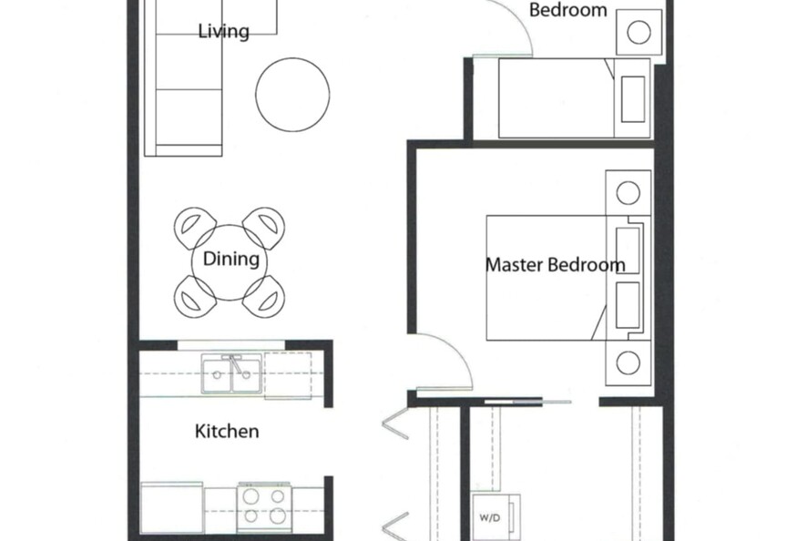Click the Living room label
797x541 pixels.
coord(224,32)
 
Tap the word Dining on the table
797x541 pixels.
coord(231,259)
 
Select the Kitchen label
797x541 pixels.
coord(227,431)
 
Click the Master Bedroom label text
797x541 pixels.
coord(555,265)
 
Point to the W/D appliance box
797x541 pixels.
coord(496,517)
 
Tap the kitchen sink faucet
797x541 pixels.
coord(235,364)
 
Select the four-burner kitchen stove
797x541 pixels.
coord(264,508)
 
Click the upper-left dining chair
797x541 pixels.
coord(195,228)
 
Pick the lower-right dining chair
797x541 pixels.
coord(264,297)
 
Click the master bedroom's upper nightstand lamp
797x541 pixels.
coord(628,192)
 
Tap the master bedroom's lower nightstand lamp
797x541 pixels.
coord(628,363)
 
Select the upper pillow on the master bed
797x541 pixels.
coord(628,250)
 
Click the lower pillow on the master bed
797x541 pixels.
coord(628,305)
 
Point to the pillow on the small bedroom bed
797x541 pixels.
coord(633,99)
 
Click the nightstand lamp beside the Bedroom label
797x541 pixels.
coord(639,33)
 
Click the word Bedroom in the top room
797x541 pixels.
coord(568,10)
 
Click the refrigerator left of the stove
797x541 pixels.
coord(172,508)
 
